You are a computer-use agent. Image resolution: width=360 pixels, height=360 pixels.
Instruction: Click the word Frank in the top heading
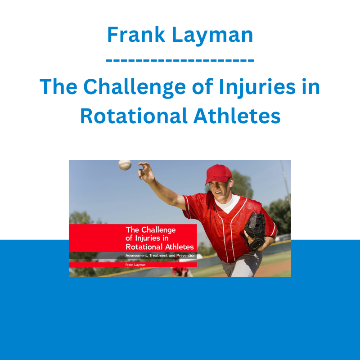[x=136, y=35]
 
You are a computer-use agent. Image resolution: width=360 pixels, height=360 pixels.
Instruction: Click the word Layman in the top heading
[x=212, y=36]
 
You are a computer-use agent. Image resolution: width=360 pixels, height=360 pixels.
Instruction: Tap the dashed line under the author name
[x=180, y=60]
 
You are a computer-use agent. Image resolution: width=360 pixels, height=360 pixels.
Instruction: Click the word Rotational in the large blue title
[x=134, y=116]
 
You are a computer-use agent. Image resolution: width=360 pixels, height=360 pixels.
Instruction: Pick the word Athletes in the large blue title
[x=237, y=116]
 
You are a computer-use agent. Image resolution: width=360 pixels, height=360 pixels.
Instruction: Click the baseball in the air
[x=125, y=165]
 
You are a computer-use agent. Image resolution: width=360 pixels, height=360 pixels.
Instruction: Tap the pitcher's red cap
[x=218, y=174]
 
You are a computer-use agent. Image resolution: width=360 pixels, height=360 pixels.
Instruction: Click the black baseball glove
[x=255, y=231]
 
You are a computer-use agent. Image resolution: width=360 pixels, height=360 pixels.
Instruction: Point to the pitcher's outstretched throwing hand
[x=146, y=172]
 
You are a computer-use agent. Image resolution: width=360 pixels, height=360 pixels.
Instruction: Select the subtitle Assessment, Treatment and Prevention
[x=160, y=255]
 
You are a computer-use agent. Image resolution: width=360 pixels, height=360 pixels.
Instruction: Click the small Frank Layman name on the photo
[x=135, y=265]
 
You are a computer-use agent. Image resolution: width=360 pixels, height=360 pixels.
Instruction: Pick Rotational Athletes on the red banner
[x=160, y=247]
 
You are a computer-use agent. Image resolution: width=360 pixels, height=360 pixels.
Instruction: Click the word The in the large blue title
[x=58, y=87]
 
